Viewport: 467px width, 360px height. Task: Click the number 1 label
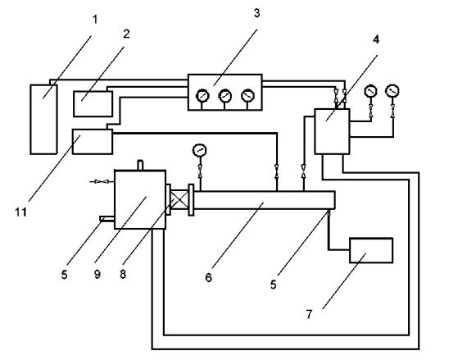[x=95, y=20]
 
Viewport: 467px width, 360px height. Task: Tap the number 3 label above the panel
[x=256, y=13]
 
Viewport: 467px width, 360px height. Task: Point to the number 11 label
[x=20, y=212]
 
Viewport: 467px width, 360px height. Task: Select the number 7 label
[x=309, y=314]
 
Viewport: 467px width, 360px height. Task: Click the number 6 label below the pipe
[x=208, y=277]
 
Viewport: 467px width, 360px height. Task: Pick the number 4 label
[x=376, y=39]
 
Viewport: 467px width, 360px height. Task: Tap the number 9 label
[x=97, y=274]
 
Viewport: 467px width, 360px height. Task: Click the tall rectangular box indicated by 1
[x=43, y=119]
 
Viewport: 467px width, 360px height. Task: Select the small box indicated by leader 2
[x=93, y=103]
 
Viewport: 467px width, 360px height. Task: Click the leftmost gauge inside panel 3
[x=202, y=96]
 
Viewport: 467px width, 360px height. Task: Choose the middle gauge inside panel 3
[x=224, y=96]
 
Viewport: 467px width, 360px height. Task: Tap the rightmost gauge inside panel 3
[x=247, y=96]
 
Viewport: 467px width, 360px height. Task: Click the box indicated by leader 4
[x=332, y=131]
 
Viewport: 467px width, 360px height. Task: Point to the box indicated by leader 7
[x=371, y=250]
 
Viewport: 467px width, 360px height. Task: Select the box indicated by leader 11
[x=93, y=142]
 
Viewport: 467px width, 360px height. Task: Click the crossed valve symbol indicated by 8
[x=180, y=200]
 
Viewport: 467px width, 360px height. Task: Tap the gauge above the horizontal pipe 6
[x=200, y=150]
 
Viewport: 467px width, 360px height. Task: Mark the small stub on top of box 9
[x=140, y=165]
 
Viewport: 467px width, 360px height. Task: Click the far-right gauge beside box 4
[x=392, y=91]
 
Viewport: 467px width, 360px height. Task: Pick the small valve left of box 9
[x=102, y=181]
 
